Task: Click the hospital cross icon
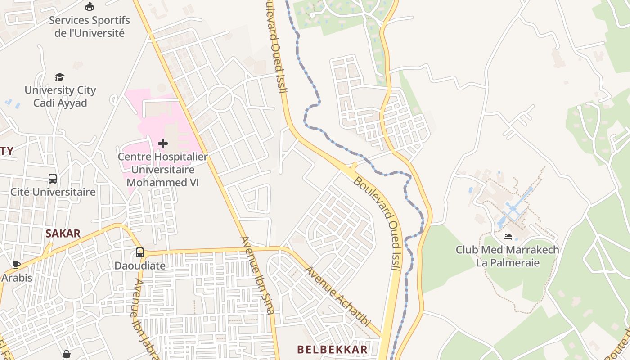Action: point(163,144)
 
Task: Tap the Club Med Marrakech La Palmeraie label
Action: point(507,256)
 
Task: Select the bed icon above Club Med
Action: point(508,237)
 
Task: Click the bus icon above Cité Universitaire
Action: point(53,179)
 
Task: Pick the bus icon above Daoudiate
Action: point(140,252)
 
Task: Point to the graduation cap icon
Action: point(60,77)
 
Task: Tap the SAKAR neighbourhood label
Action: point(63,233)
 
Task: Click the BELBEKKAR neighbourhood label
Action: point(332,349)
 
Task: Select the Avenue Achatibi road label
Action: point(337,296)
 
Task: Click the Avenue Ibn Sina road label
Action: point(257,275)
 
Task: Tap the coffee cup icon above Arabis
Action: point(17,265)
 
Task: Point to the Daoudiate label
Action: point(140,265)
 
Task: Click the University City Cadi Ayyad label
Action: point(60,96)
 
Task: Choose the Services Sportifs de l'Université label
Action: point(89,27)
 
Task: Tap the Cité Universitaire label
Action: point(53,192)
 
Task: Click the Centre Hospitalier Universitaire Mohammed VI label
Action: point(163,170)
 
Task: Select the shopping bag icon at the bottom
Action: point(67,355)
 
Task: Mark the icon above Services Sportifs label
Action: point(90,7)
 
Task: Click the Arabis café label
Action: point(17,278)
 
